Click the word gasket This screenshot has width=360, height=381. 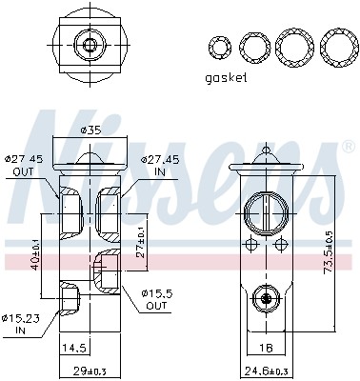226,78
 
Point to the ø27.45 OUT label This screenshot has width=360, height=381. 26,166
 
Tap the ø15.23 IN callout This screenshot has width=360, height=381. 21,325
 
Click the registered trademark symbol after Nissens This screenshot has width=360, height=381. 345,148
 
